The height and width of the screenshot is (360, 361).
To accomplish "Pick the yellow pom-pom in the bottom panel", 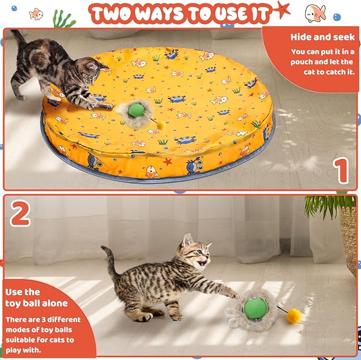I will [293, 316].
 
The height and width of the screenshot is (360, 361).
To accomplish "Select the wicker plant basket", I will [349, 239].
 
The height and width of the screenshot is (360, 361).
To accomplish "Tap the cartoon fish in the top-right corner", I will [316, 12].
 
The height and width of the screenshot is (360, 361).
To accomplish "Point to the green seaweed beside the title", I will [63, 20].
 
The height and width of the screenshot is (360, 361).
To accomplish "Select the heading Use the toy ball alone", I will [36, 298].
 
